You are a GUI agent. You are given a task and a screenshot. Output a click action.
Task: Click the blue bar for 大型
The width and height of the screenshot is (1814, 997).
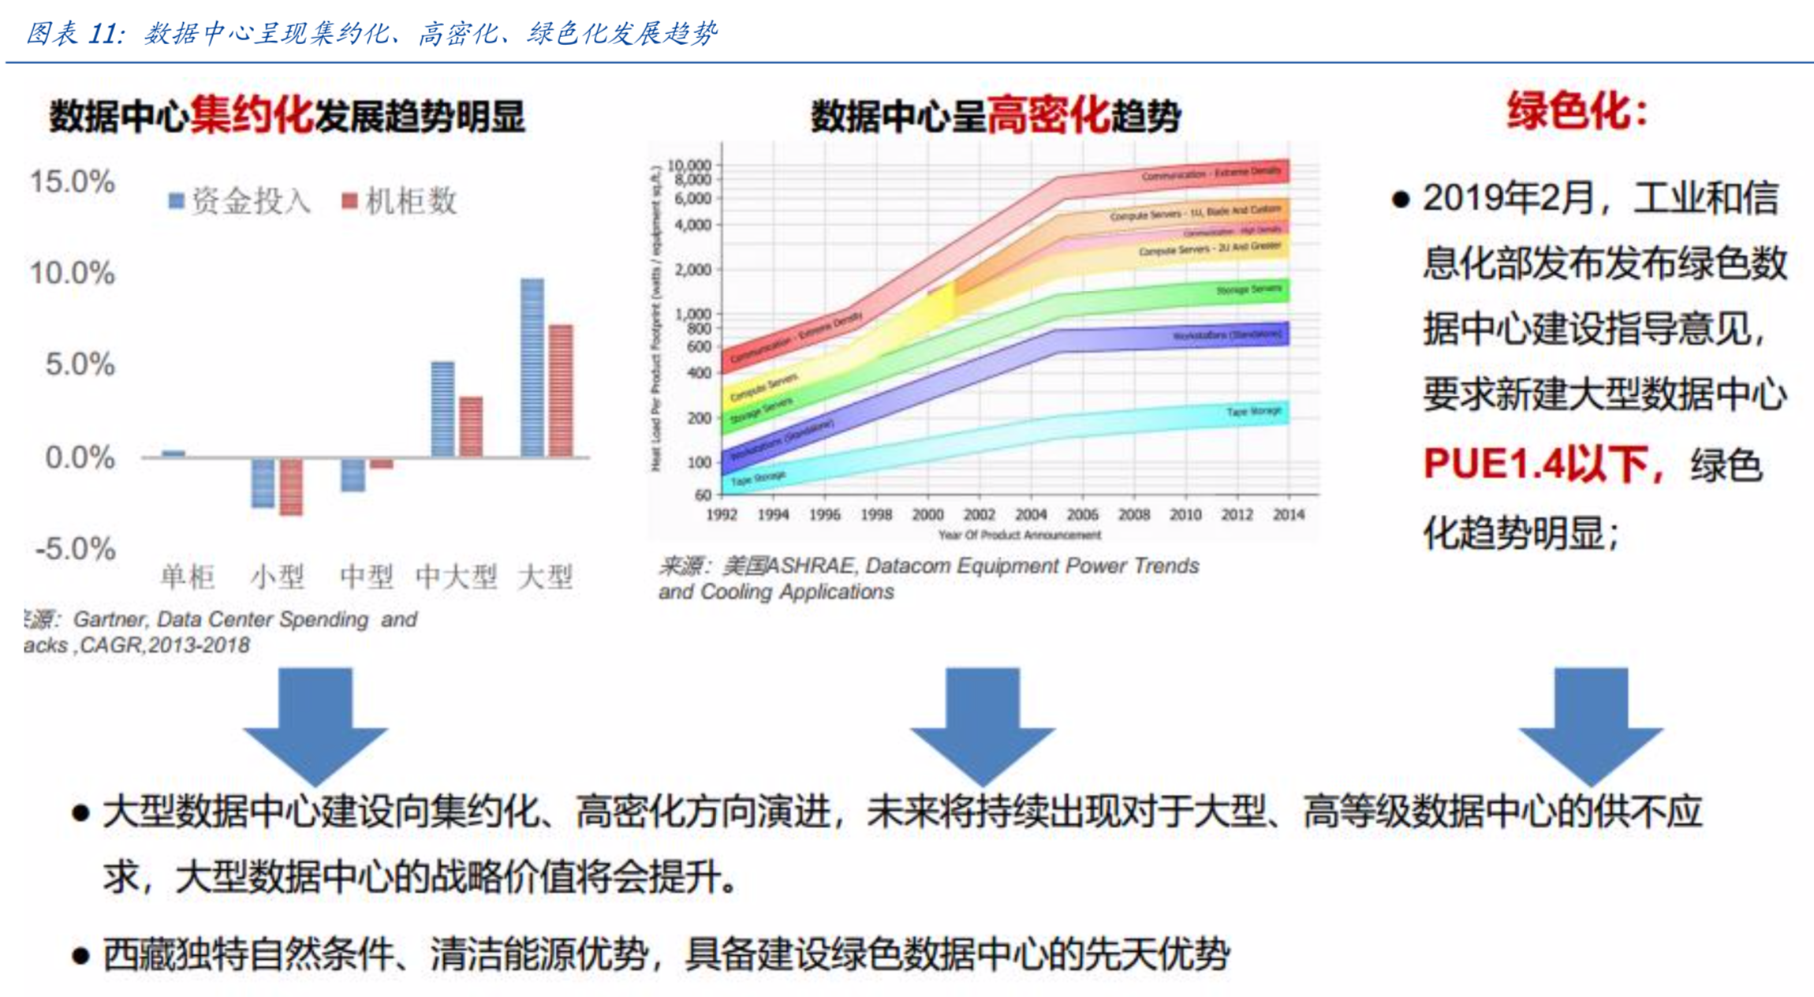(x=532, y=368)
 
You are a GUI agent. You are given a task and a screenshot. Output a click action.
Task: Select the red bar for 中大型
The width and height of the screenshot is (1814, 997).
(x=471, y=426)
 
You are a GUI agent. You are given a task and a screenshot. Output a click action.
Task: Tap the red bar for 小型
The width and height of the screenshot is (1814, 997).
(x=291, y=487)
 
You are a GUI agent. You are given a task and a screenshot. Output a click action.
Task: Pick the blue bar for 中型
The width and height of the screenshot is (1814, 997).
(x=353, y=474)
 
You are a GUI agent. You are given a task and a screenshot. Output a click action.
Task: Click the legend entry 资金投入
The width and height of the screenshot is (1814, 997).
(x=241, y=201)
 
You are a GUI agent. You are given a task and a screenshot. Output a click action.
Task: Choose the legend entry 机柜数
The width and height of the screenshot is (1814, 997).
(x=400, y=201)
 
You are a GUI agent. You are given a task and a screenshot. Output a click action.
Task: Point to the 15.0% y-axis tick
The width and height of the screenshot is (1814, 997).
(x=73, y=181)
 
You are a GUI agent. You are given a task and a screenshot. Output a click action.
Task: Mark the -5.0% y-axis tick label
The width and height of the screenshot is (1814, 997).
(x=76, y=548)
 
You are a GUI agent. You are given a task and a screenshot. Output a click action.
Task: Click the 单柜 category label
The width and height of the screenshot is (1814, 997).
(x=187, y=577)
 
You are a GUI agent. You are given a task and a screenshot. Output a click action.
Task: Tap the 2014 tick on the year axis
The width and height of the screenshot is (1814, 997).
(x=1288, y=514)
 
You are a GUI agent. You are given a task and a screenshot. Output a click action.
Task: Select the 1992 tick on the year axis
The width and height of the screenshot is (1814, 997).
(x=722, y=514)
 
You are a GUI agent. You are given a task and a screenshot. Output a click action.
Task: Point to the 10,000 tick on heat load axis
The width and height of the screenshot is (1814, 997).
(x=689, y=165)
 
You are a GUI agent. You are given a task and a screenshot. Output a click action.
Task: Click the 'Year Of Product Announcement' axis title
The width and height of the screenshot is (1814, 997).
(x=1019, y=535)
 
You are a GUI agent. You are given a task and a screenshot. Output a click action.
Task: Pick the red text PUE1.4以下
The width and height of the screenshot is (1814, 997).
(x=1535, y=464)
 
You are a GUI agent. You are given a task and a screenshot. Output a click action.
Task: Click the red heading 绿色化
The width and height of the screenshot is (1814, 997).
(x=1577, y=110)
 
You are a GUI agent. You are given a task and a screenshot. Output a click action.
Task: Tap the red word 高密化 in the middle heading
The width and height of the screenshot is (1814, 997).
(x=1048, y=116)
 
